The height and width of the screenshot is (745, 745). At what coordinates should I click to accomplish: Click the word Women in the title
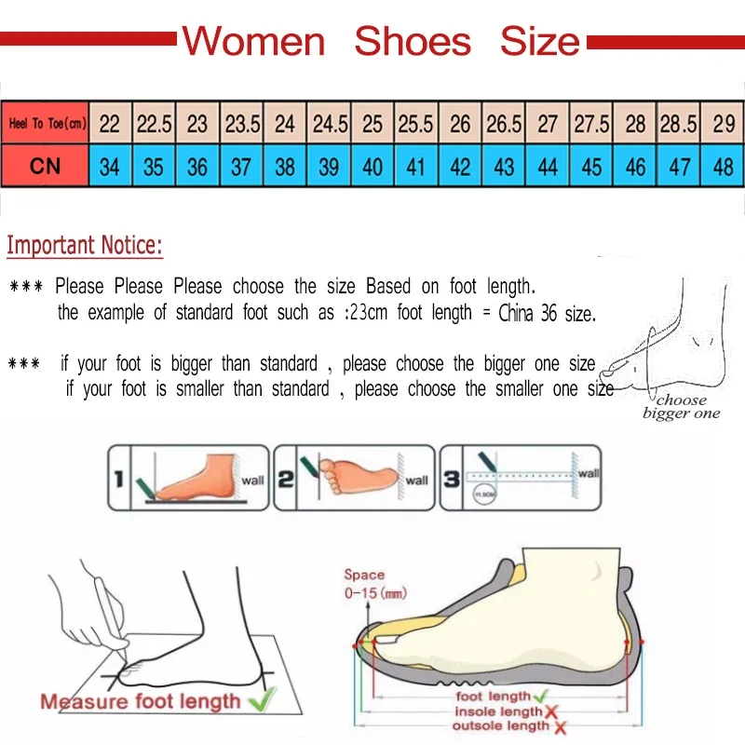coord(253,42)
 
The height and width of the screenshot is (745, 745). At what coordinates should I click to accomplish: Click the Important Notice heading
coord(85,246)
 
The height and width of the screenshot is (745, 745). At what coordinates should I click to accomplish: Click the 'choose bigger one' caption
coord(681,407)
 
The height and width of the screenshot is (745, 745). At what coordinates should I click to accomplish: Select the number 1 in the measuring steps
coord(118,480)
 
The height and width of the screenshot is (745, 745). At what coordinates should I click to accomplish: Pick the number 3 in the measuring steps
coord(451,480)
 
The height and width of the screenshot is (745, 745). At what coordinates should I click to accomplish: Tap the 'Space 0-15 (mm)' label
coord(374,584)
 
